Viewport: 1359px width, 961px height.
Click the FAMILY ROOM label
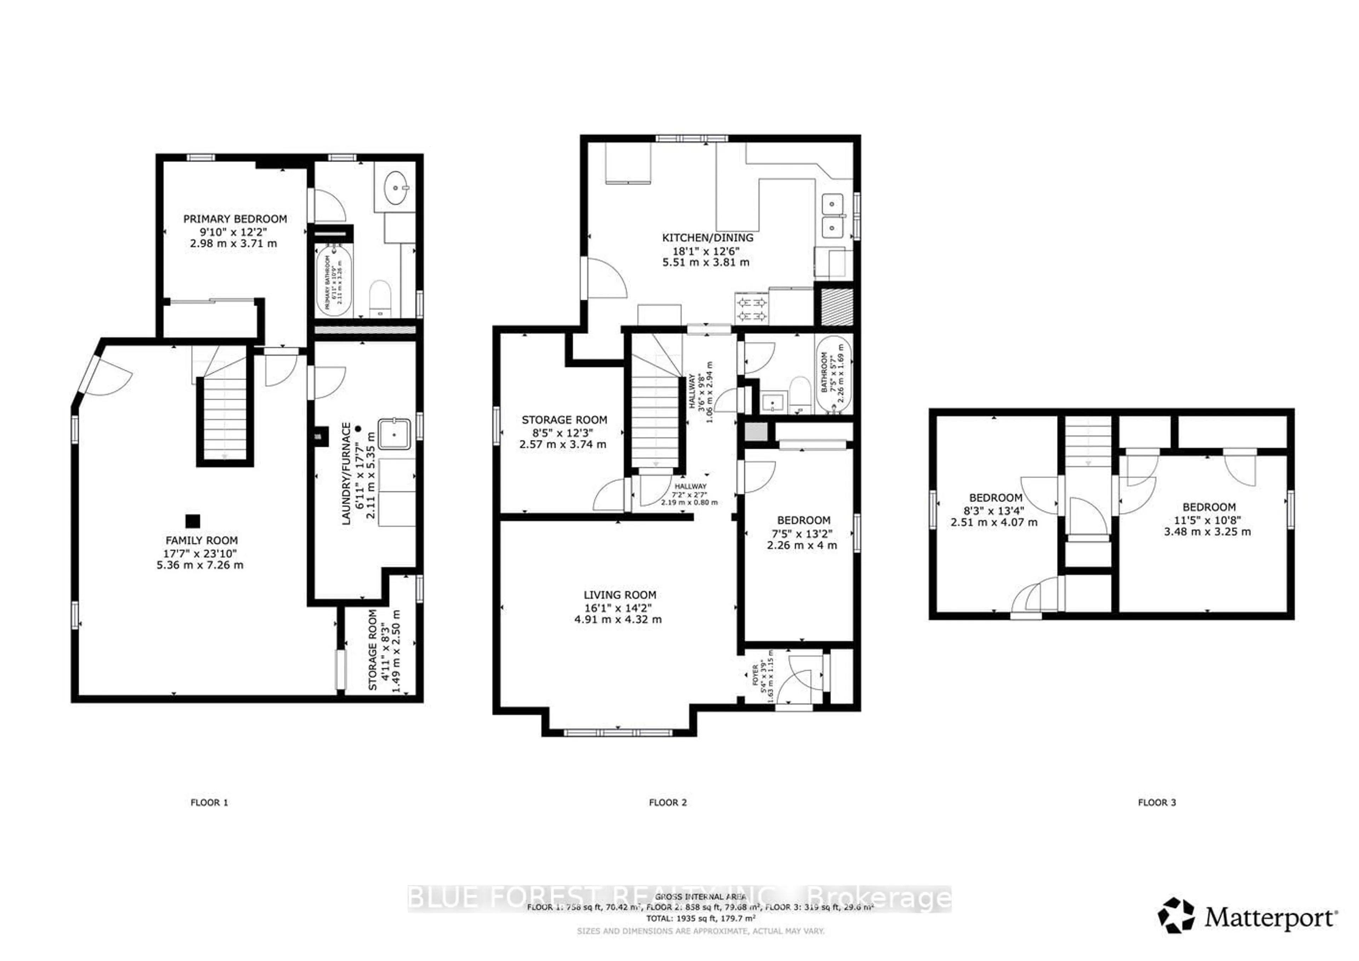coord(201,540)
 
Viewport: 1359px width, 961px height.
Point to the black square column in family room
coord(193,521)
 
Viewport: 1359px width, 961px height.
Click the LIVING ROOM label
coord(620,595)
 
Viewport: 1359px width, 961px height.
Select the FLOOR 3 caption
coord(1157,802)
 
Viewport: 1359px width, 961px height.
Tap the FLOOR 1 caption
coord(209,802)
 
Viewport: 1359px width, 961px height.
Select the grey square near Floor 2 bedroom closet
coord(755,431)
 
